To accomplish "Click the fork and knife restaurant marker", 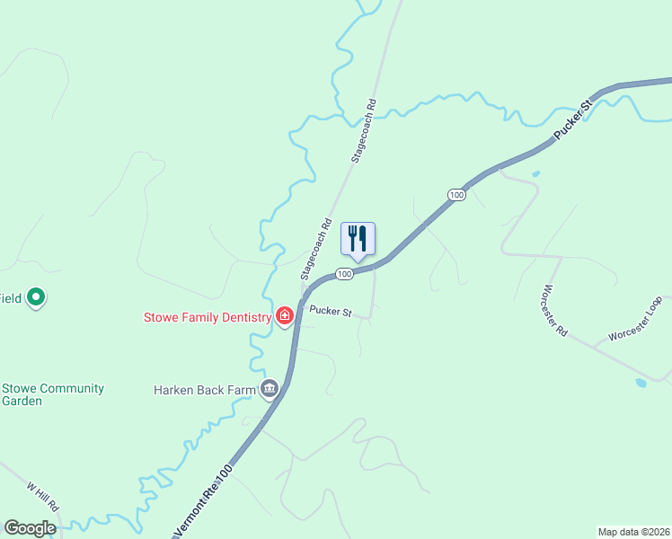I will (358, 239).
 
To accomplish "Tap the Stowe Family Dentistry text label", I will (208, 317).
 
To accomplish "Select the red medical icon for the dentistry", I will (285, 315).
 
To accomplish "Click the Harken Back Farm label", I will (204, 390).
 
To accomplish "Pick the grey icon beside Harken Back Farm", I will (269, 389).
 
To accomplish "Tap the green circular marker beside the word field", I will (36, 296).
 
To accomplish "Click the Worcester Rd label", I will (554, 311).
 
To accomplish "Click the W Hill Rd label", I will (42, 493).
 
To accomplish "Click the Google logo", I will (30, 528).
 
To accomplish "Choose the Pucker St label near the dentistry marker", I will (329, 311).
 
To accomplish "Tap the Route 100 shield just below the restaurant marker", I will (344, 273).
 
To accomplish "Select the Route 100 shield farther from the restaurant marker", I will (457, 195).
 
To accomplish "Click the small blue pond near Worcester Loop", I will (640, 383).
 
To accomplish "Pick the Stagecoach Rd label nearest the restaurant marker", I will (315, 246).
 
